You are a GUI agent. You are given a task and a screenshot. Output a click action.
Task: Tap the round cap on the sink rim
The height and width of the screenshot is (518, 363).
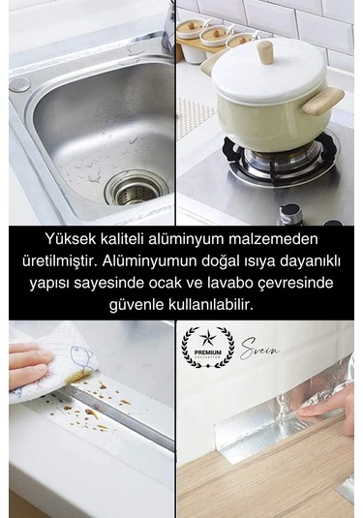pyautogui.click(x=20, y=84)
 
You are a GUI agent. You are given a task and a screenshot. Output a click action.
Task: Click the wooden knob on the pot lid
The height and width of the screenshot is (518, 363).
pyautogui.click(x=260, y=49)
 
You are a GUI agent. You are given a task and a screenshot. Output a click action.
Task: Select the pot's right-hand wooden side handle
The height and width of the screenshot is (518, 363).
pyautogui.click(x=326, y=97)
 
